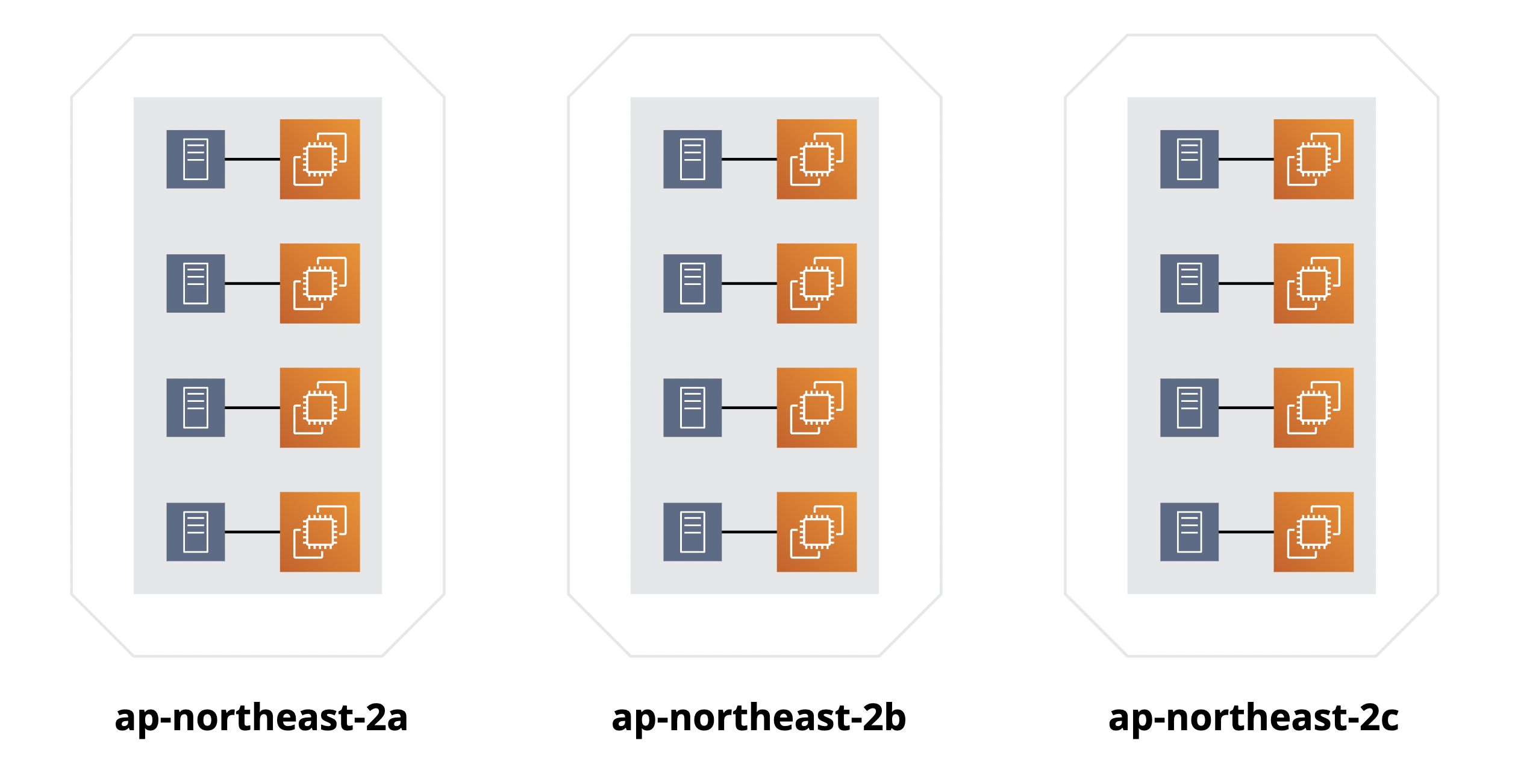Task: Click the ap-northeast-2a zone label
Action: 261,718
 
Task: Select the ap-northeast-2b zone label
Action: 758,718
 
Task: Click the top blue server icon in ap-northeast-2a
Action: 196,159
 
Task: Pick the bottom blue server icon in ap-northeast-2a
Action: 196,532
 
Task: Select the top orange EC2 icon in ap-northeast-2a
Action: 320,159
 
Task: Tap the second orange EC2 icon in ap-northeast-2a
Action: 320,283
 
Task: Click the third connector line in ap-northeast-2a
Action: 252,408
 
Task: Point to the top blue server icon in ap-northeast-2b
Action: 693,159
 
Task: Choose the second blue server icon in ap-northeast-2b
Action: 693,283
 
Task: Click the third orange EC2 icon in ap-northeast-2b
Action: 817,408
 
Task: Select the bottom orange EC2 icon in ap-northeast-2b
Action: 817,532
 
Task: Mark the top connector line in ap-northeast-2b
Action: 749,159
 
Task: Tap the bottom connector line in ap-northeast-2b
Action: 749,532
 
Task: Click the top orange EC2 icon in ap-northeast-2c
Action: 1314,159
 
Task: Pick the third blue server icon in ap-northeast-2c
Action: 1190,408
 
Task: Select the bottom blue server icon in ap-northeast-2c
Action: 1190,532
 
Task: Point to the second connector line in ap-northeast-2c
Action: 1246,283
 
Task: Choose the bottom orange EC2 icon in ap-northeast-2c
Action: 1314,532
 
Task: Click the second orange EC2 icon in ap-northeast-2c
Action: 1314,283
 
